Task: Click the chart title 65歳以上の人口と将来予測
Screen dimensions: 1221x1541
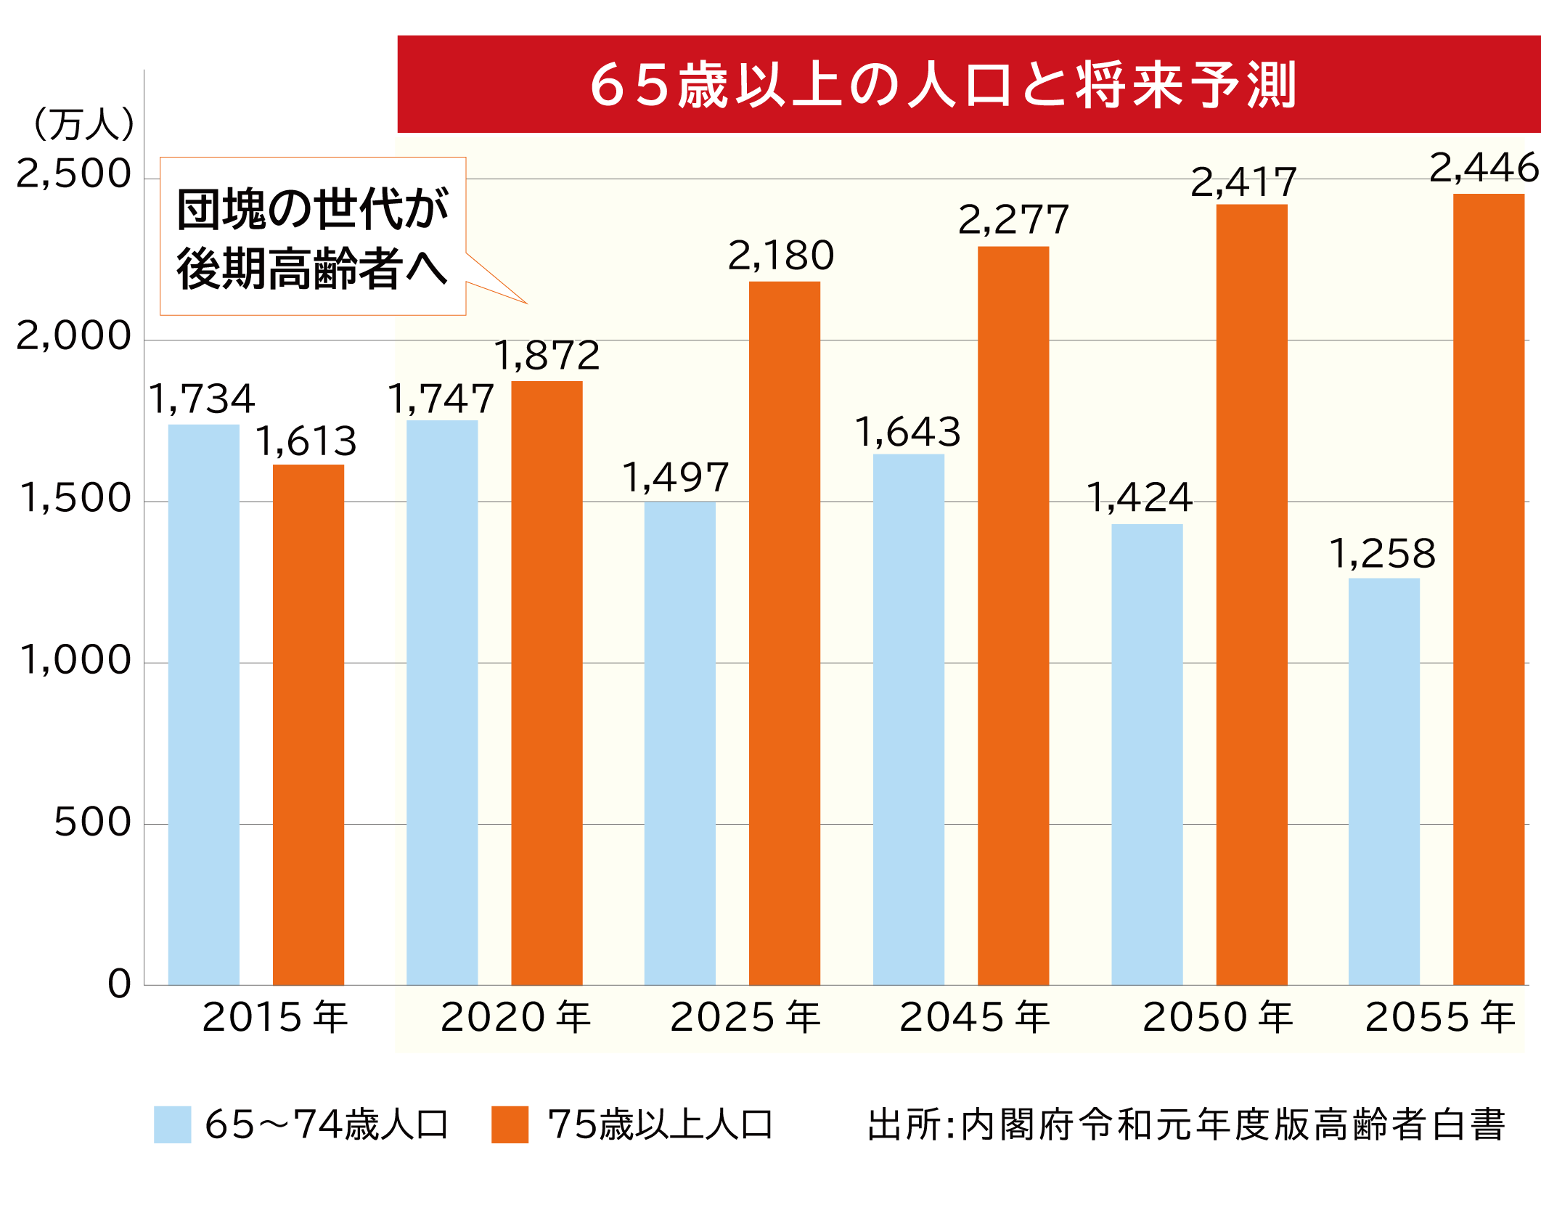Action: click(x=944, y=85)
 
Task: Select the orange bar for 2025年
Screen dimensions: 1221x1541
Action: click(x=784, y=632)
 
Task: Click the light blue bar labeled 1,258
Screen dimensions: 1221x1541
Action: click(x=1383, y=781)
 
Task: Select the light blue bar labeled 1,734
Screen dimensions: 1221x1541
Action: click(x=203, y=704)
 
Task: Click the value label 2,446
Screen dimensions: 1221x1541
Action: click(x=1482, y=168)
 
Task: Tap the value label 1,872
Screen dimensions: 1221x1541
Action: click(x=547, y=355)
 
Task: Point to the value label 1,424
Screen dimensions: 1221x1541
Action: click(x=1140, y=498)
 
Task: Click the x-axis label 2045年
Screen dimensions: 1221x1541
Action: click(x=974, y=1016)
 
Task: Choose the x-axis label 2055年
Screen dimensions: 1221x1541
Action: click(x=1440, y=1016)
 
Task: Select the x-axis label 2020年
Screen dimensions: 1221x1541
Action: click(x=515, y=1016)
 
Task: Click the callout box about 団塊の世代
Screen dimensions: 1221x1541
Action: click(x=313, y=237)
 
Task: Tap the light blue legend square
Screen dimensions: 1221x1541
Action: click(x=173, y=1124)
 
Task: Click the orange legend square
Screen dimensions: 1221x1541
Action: click(x=510, y=1124)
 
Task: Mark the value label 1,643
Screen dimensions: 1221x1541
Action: click(x=907, y=432)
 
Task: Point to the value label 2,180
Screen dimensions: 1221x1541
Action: click(x=781, y=256)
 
